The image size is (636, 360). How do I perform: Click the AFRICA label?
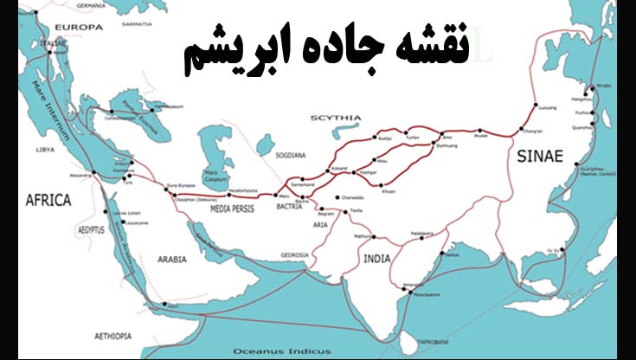[48, 200]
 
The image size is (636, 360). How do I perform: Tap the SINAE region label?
[540, 156]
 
